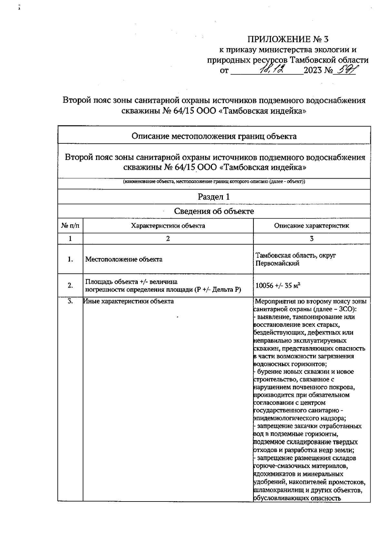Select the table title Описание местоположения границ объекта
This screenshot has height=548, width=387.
pos(214,136)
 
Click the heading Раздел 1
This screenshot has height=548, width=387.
pos(214,197)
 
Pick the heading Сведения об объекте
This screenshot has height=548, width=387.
pos(214,212)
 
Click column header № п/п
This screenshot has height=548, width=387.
pos(70,226)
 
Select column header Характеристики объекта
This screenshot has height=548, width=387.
pos(168,226)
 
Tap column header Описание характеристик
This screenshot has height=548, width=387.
pos(312,226)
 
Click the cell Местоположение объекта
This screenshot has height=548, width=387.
pos(124,259)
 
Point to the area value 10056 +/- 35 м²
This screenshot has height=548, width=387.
pos(278,286)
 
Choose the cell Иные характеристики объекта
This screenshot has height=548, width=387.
pos(129,301)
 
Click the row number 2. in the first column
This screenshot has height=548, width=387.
pos(70,285)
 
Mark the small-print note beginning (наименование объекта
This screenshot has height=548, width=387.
pos(214,182)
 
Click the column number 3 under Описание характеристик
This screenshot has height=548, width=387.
pos(312,239)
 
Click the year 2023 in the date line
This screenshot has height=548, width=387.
pos(313,70)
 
